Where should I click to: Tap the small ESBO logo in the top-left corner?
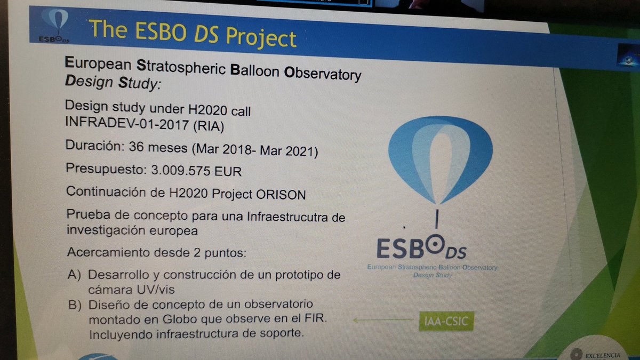(54, 26)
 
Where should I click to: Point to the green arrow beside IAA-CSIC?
(383, 320)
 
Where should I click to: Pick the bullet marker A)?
(75, 276)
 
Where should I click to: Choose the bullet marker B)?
(76, 306)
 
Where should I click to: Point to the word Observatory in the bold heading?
(323, 74)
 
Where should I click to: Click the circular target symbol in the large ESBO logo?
(437, 247)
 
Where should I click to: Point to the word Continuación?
(100, 193)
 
